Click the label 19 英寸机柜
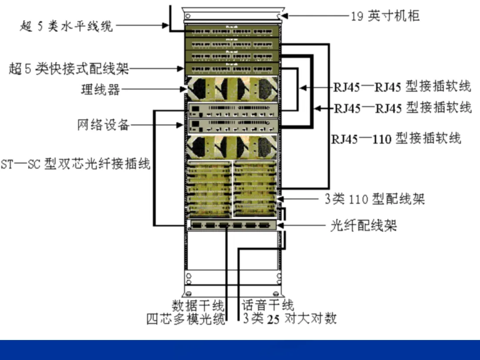click(x=385, y=16)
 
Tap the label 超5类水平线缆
click(x=67, y=26)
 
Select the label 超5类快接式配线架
click(x=69, y=69)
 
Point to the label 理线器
click(x=100, y=89)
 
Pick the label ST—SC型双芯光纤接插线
click(x=76, y=164)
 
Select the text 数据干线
click(x=198, y=305)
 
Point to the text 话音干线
click(x=268, y=305)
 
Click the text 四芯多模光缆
click(x=186, y=319)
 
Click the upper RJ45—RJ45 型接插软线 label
click(x=402, y=86)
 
